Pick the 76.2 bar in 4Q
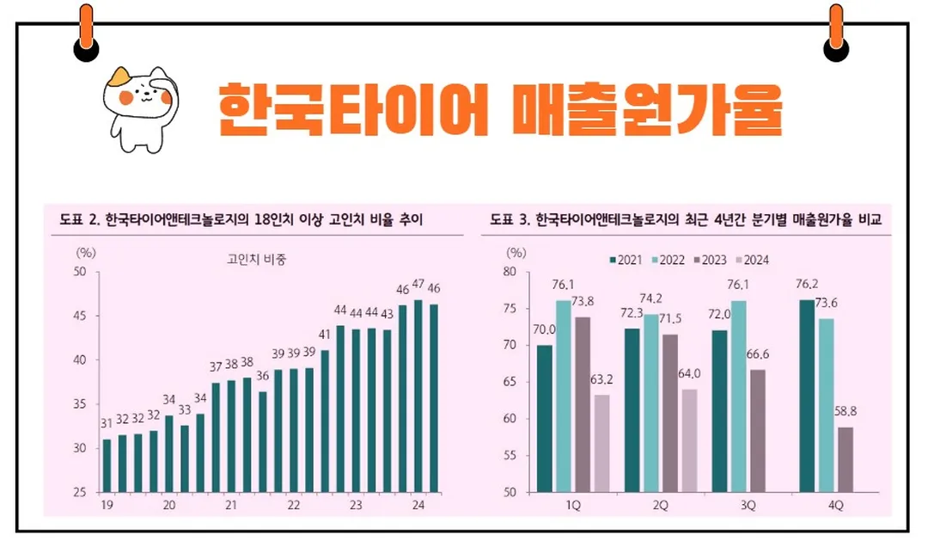tap(806, 396)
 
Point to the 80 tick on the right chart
tap(510, 272)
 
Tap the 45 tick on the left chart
tap(80, 317)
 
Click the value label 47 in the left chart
tap(418, 285)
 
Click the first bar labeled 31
tap(107, 465)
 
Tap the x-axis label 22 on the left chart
tap(293, 507)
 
